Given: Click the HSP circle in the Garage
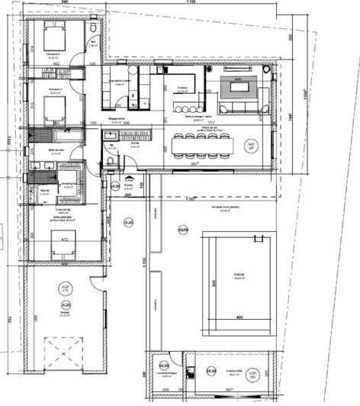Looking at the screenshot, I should coord(65,288).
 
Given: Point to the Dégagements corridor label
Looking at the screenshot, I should coord(117,119).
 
